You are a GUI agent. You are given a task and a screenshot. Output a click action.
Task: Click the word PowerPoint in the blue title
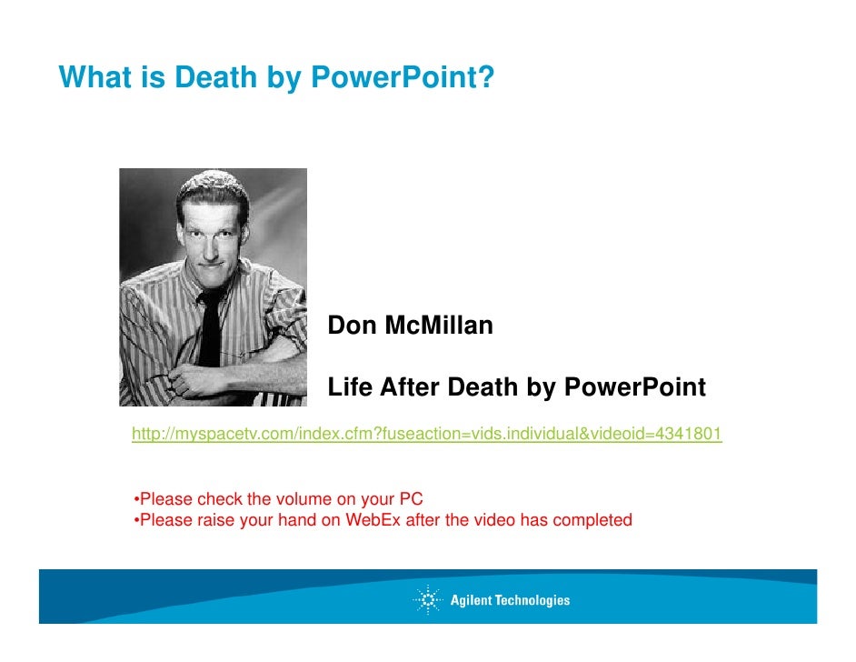pyautogui.click(x=402, y=78)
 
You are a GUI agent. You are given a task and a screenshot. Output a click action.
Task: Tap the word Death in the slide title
pyautogui.click(x=215, y=78)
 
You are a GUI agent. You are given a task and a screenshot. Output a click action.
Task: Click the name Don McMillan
pyautogui.click(x=410, y=326)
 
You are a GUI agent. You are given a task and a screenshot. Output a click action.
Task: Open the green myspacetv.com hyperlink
pyautogui.click(x=426, y=435)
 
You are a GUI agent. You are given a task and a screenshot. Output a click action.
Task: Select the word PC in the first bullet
pyautogui.click(x=412, y=499)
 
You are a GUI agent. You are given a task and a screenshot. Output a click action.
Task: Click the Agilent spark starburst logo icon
pyautogui.click(x=427, y=600)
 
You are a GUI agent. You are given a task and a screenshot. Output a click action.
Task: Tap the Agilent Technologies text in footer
pyautogui.click(x=510, y=600)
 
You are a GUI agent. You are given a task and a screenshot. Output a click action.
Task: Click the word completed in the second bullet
pyautogui.click(x=594, y=521)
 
